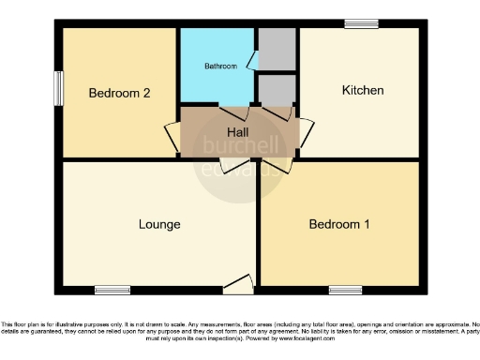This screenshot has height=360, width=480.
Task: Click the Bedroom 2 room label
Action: (x=120, y=93)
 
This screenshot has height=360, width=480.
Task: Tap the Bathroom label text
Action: (x=219, y=67)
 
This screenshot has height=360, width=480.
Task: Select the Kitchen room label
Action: (x=362, y=91)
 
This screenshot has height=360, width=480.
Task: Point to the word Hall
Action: (x=238, y=133)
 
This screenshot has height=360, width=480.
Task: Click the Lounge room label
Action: (x=159, y=225)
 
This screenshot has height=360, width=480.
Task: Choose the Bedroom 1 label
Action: (x=339, y=225)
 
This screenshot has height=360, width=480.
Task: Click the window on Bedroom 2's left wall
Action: (x=59, y=91)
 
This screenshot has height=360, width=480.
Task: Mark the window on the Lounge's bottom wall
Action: (x=112, y=290)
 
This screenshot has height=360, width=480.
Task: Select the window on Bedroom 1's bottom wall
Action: (x=344, y=290)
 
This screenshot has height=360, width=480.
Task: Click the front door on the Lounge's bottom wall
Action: (x=239, y=284)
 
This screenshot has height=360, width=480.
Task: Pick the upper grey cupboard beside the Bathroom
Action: (x=277, y=49)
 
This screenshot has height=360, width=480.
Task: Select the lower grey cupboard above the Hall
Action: (x=277, y=90)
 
